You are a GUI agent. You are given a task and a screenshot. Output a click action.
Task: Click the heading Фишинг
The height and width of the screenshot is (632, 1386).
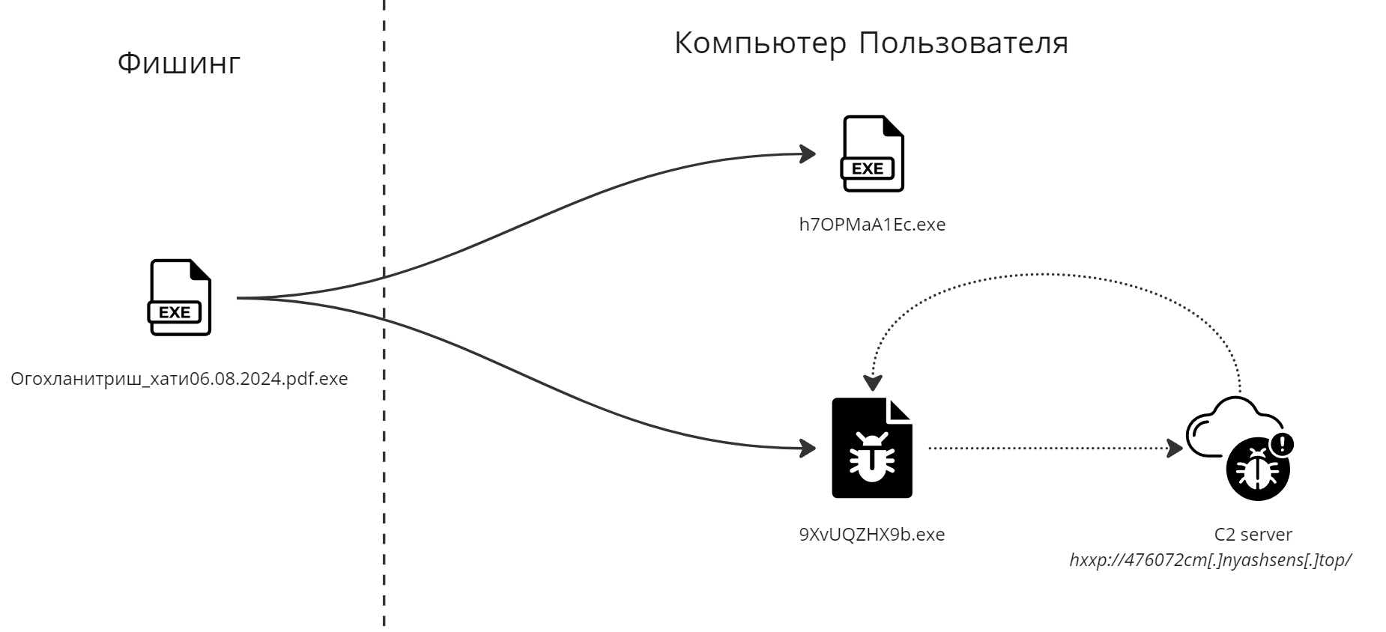pyautogui.click(x=179, y=64)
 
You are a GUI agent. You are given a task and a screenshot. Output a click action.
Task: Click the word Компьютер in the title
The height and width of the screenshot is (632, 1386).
pyautogui.click(x=759, y=44)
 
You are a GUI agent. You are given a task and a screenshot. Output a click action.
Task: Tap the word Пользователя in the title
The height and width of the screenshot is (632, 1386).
pyautogui.click(x=963, y=44)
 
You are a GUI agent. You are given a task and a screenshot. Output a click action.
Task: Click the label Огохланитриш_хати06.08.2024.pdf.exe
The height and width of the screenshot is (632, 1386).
pyautogui.click(x=179, y=379)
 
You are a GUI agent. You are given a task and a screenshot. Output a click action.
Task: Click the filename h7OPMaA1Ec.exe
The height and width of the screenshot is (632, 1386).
pyautogui.click(x=872, y=225)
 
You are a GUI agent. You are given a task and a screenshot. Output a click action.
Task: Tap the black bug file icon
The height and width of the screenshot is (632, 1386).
pyautogui.click(x=872, y=448)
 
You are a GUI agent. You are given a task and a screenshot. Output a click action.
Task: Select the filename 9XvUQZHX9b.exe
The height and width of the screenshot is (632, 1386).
pyautogui.click(x=872, y=535)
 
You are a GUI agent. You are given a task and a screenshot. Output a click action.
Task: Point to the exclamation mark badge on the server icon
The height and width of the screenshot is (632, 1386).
pyautogui.click(x=1283, y=444)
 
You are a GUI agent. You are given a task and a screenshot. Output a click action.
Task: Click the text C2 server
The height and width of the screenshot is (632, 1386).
pyautogui.click(x=1253, y=535)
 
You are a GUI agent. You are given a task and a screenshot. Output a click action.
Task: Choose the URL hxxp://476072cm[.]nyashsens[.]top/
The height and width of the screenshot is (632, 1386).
pyautogui.click(x=1210, y=560)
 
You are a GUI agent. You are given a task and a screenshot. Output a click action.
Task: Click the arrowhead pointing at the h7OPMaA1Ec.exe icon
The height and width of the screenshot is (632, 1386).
pyautogui.click(x=808, y=154)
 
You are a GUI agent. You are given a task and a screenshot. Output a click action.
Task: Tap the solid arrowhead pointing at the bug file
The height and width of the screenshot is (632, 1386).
pyautogui.click(x=808, y=449)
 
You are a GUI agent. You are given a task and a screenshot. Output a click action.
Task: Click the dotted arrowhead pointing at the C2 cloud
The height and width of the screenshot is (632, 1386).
pyautogui.click(x=1175, y=449)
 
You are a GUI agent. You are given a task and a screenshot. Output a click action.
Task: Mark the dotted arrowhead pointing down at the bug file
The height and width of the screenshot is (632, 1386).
pyautogui.click(x=871, y=382)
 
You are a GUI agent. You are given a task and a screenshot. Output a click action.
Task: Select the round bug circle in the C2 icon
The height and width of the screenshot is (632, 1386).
pyautogui.click(x=1258, y=470)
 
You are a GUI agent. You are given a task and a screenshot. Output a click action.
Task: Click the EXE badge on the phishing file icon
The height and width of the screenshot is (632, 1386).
pyautogui.click(x=175, y=312)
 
